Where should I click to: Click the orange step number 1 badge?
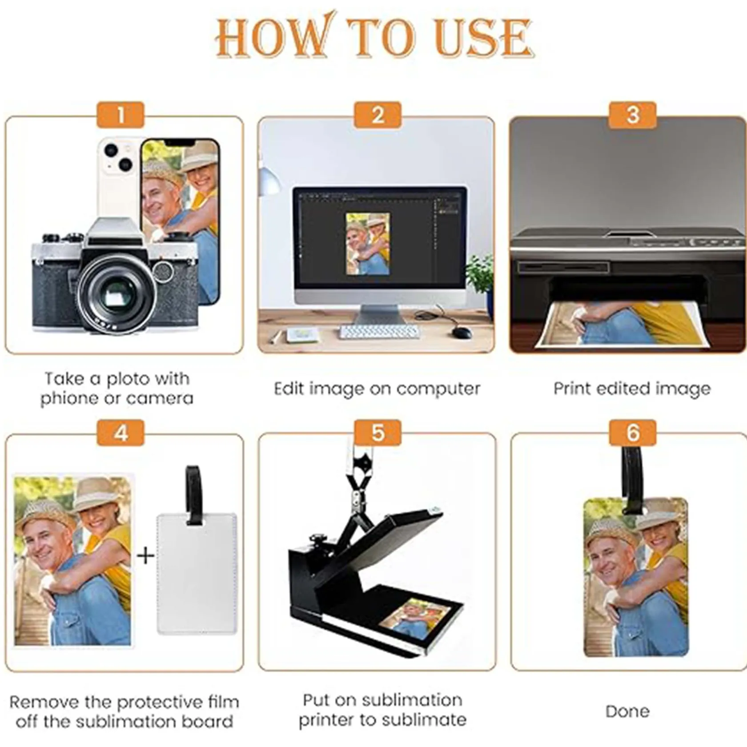point(120,115)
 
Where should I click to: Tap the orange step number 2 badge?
point(378,115)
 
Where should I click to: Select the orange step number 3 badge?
point(633,115)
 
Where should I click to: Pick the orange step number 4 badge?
point(120,432)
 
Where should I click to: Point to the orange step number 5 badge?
point(378,432)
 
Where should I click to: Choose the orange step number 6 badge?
point(633,432)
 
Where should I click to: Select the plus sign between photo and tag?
point(145,555)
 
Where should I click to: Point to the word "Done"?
point(627,711)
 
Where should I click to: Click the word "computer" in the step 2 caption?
point(438,389)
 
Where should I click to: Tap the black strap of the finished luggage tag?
point(633,475)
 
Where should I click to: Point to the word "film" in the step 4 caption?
point(222,702)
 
